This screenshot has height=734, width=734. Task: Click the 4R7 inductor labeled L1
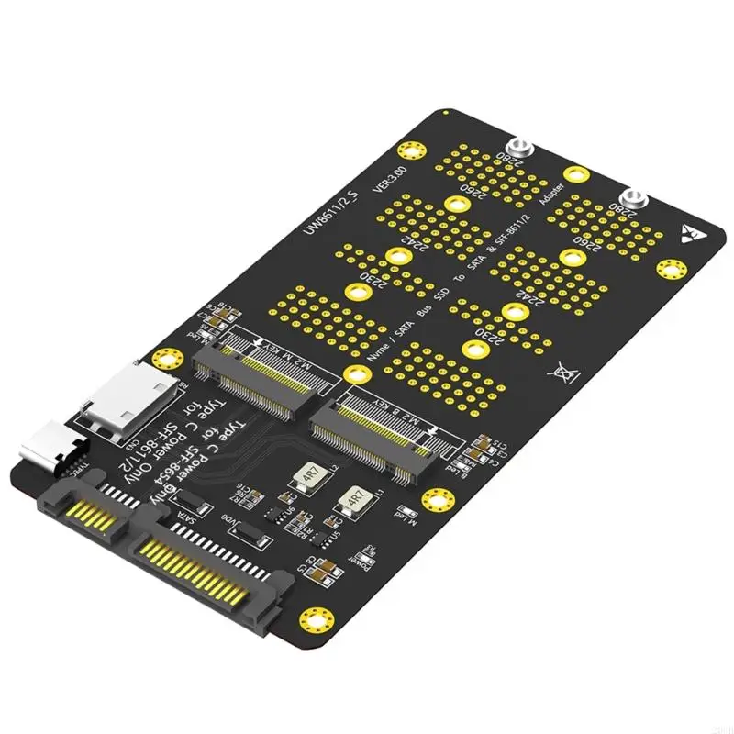tap(352, 502)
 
